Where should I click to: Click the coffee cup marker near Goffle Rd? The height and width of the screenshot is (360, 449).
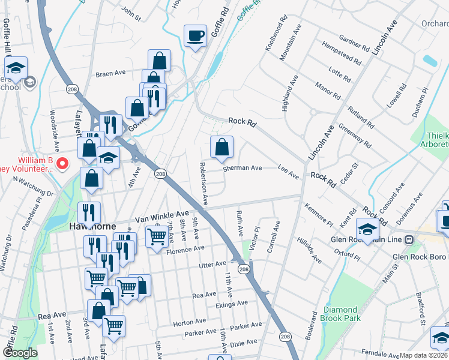pos(195,36)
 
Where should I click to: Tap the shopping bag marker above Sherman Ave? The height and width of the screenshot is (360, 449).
pos(221,147)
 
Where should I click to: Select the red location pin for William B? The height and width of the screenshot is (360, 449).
pos(61,163)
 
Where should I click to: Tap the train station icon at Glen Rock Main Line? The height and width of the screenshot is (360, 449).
pos(409,239)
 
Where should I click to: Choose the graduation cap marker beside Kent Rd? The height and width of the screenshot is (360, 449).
pos(367,229)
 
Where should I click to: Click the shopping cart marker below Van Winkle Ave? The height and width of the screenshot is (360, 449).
pos(157,236)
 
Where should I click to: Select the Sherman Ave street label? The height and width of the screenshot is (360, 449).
pos(243,169)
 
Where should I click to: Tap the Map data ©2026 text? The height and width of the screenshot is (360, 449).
pos(423,355)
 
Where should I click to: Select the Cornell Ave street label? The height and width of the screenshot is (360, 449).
pos(274,237)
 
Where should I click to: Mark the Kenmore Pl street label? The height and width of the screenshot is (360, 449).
pos(318,214)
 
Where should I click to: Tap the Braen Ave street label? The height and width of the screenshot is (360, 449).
pos(110,74)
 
